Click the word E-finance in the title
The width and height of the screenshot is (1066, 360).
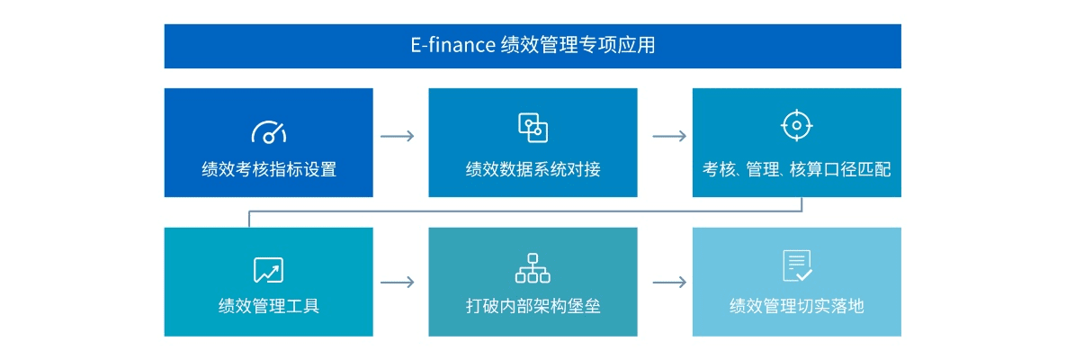pyautogui.click(x=452, y=45)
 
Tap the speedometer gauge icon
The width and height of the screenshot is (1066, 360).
pyautogui.click(x=268, y=131)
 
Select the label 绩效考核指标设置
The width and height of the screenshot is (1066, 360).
pyautogui.click(x=268, y=169)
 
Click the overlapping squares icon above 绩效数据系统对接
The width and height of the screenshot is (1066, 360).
pyautogui.click(x=533, y=128)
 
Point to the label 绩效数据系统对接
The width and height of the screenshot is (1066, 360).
pyautogui.click(x=533, y=169)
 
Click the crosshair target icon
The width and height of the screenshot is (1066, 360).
pyautogui.click(x=796, y=125)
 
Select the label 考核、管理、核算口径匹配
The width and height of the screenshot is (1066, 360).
pyautogui.click(x=796, y=169)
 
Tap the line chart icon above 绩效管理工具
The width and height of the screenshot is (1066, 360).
pyautogui.click(x=268, y=269)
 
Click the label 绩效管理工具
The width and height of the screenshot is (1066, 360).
pyautogui.click(x=268, y=306)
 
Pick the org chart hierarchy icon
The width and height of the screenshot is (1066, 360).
pyautogui.click(x=533, y=267)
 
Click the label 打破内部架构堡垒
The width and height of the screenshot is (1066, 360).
pyautogui.click(x=533, y=306)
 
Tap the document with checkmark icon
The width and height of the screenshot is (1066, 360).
pyautogui.click(x=797, y=266)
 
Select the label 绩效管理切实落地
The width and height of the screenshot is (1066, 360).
pyautogui.click(x=796, y=306)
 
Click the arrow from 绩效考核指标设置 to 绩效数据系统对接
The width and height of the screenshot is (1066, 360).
pyautogui.click(x=398, y=136)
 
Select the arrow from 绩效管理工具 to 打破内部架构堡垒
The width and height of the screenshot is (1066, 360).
pyautogui.click(x=398, y=282)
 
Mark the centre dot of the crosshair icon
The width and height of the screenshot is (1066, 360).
pyautogui.click(x=796, y=125)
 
